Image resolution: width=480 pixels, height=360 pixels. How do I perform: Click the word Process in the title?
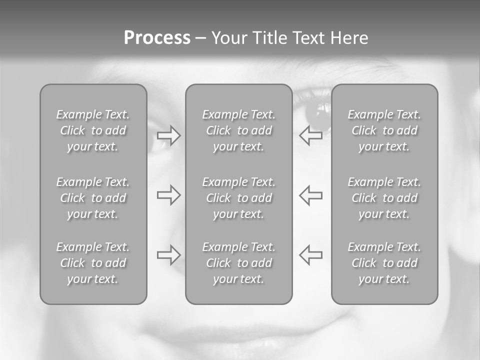(157, 38)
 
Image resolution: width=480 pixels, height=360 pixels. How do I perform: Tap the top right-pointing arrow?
(169, 135)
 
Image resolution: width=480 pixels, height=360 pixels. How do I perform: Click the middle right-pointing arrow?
(169, 194)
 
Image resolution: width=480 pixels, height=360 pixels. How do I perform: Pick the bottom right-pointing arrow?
(169, 254)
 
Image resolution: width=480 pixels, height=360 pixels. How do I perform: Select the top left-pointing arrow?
(311, 135)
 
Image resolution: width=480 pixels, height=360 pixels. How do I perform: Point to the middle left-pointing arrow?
(311, 194)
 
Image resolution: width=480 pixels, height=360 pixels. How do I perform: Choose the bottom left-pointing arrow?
(311, 254)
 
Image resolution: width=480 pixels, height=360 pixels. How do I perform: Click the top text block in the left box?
(93, 130)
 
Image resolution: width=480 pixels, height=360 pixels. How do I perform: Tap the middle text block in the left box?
(93, 198)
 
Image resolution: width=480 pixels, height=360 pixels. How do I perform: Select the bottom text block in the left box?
(93, 263)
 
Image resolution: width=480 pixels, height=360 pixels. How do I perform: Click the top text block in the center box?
(239, 130)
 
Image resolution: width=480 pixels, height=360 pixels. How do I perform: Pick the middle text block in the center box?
(239, 198)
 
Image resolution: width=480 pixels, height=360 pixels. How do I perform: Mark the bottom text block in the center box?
(239, 263)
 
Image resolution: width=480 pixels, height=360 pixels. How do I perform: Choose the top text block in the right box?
(384, 130)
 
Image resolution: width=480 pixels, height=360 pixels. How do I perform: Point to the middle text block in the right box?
(384, 198)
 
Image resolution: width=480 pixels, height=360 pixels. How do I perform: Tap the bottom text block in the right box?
(384, 263)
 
